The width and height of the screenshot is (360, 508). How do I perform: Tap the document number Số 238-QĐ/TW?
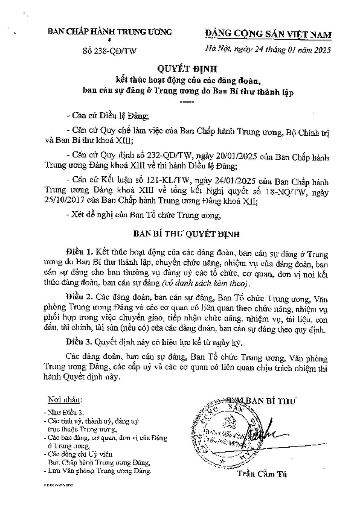click(x=103, y=50)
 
